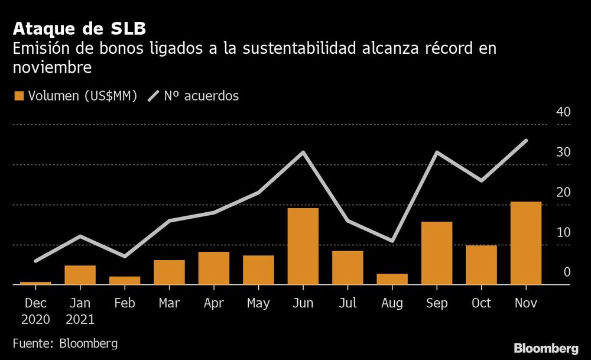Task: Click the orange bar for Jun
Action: pyautogui.click(x=303, y=247)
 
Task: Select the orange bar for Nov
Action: pyautogui.click(x=525, y=244)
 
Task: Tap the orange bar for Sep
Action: pyautogui.click(x=437, y=254)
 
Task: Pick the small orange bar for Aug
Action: pyautogui.click(x=392, y=279)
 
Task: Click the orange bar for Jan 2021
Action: pyautogui.click(x=80, y=275)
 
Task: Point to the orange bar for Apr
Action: pyautogui.click(x=213, y=268)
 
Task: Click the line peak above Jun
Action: pyautogui.click(x=303, y=153)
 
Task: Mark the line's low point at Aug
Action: pyautogui.click(x=392, y=241)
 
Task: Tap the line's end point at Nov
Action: pyautogui.click(x=526, y=141)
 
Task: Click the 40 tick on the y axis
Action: pyautogui.click(x=563, y=112)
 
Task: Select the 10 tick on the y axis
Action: pyautogui.click(x=563, y=232)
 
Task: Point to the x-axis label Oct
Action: pyautogui.click(x=481, y=303)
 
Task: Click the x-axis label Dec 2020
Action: pyautogui.click(x=35, y=311)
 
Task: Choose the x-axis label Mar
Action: pyautogui.click(x=169, y=303)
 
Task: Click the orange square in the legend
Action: pyautogui.click(x=18, y=96)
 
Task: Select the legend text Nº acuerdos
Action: pyautogui.click(x=203, y=96)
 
